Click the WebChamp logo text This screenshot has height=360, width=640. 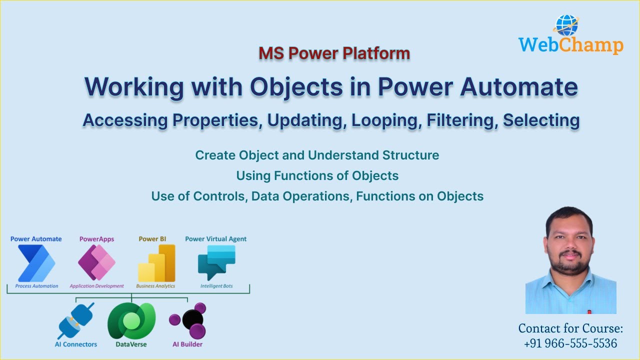pos(570,45)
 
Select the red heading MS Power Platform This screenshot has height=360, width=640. pos(334,53)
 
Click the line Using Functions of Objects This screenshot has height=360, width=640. pos(317,175)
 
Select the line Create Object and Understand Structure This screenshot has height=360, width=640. pos(317,155)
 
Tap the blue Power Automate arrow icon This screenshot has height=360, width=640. pos(36,263)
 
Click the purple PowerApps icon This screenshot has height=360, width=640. pos(96,263)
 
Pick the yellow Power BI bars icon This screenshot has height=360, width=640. pos(156,263)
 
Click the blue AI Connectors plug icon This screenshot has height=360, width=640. pos(76,320)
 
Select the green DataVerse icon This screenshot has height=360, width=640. pos(131,320)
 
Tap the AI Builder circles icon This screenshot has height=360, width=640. pos(188,320)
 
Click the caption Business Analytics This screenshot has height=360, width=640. pos(155,286)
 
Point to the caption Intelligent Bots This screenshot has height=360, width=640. pos(216,286)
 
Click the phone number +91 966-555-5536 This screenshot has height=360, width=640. pos(570,343)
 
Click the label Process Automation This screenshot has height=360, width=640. pos(36,286)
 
